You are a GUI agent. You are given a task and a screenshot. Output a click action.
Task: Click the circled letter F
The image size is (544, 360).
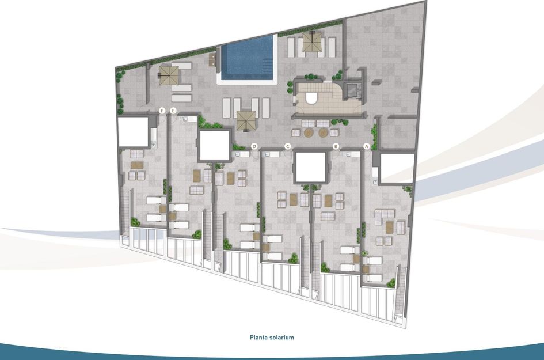click(x=163, y=110)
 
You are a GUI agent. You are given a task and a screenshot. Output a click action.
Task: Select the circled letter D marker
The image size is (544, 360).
click(x=254, y=147)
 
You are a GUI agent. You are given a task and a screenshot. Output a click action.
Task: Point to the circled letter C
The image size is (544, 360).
click(x=287, y=147)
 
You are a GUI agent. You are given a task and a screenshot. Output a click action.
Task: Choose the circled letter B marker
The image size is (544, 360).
click(x=336, y=147)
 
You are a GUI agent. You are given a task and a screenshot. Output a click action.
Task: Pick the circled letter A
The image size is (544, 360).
click(x=366, y=147)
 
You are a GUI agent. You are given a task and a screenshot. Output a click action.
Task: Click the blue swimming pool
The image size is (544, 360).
click(x=246, y=58)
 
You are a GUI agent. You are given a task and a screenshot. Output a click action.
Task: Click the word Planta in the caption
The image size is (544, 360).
click(x=261, y=338)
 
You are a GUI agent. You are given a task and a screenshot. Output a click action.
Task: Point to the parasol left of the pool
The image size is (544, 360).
click(x=169, y=74)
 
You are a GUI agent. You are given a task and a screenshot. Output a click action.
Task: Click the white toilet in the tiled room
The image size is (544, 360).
click(x=311, y=98)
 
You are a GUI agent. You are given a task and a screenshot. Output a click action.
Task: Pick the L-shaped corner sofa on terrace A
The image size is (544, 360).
click(x=385, y=220)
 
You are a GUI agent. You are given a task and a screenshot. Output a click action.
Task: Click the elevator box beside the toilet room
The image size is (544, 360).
click(x=351, y=91)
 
